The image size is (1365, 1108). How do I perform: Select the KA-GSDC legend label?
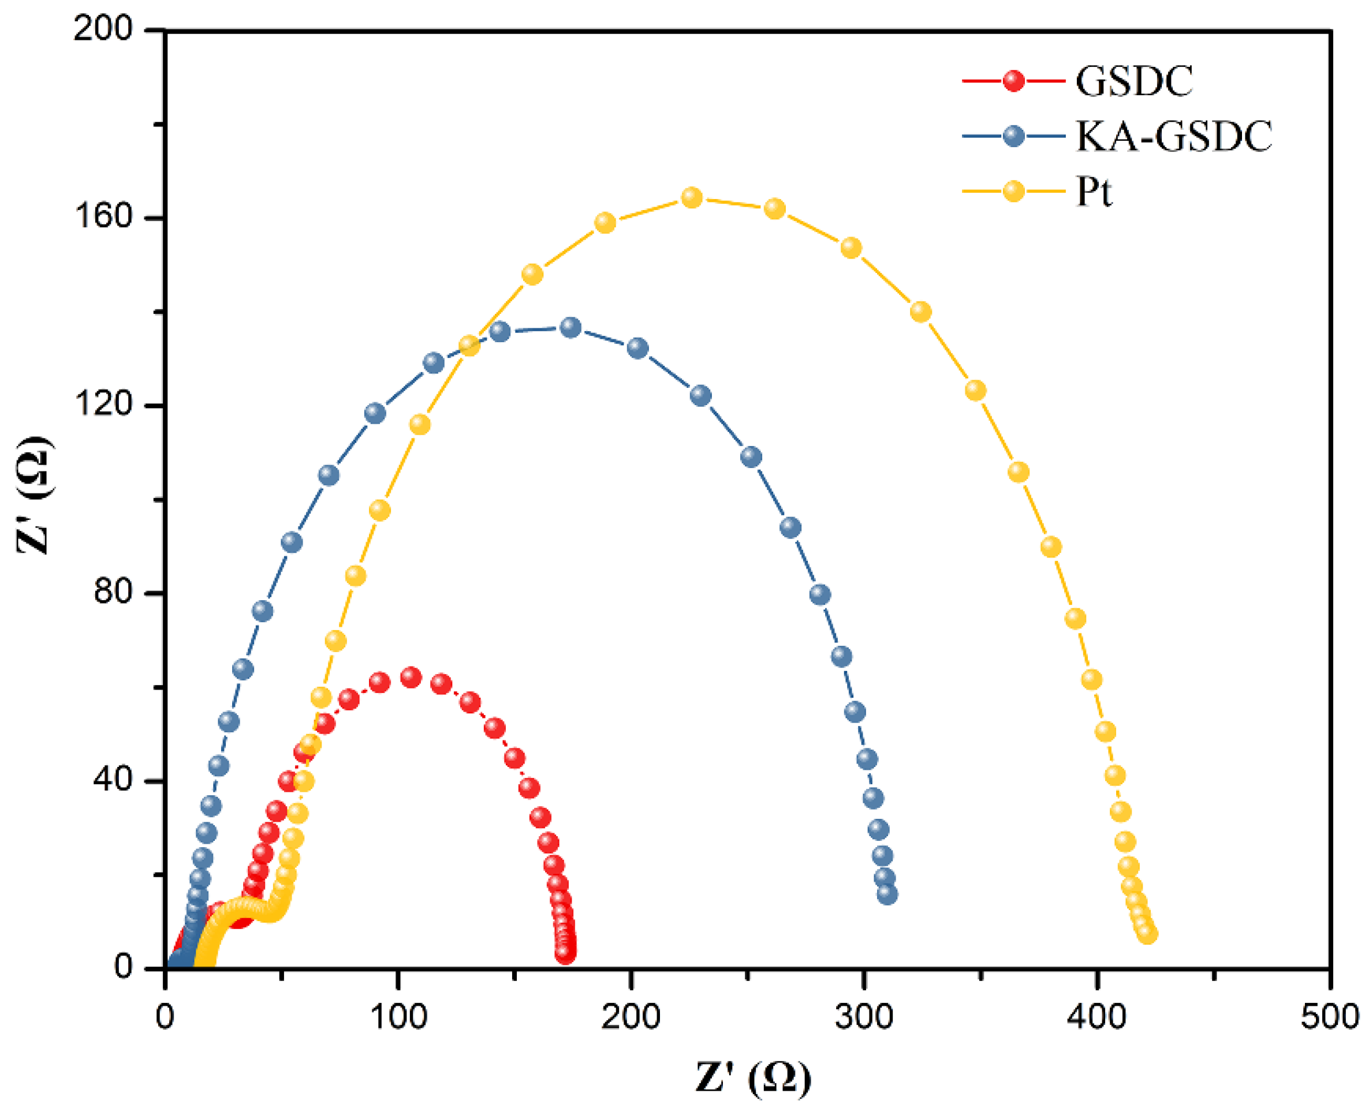pos(1173,137)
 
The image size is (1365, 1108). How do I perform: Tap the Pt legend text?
pos(1094,192)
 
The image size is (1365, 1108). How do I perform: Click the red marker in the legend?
pos(1013,81)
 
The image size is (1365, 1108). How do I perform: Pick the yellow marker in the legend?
pos(1013,192)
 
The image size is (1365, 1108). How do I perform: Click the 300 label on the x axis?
pos(863,1017)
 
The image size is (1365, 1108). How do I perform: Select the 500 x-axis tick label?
pos(1329,1017)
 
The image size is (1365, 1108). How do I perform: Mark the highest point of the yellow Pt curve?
pos(691,198)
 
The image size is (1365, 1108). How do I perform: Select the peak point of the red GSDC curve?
pos(411,677)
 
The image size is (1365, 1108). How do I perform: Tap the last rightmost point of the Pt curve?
pos(1147,934)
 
